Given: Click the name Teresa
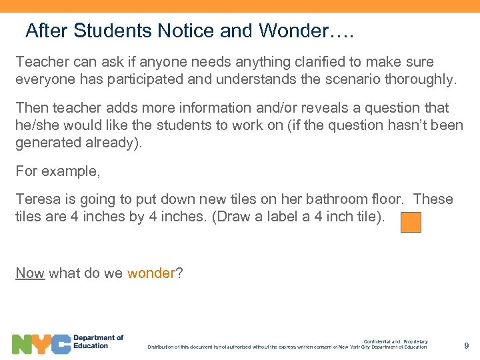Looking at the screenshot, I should (x=37, y=199).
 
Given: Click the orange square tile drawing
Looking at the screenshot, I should (x=411, y=223).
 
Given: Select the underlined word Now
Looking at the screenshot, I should (x=29, y=273).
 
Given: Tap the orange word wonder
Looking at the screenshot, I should (x=150, y=273).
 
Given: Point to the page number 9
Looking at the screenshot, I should (x=467, y=345).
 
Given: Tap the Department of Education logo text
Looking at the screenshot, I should (x=98, y=342).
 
